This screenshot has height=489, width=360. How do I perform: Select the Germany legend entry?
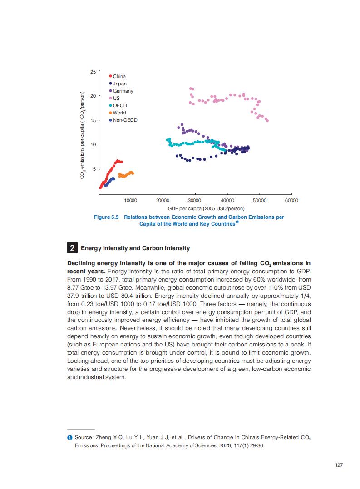click(x=123, y=91)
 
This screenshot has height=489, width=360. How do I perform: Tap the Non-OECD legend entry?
click(x=124, y=120)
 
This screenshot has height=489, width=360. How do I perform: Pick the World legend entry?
click(x=119, y=113)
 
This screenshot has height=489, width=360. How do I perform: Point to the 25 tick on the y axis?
click(x=93, y=72)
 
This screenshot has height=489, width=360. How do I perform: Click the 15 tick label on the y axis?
click(x=93, y=120)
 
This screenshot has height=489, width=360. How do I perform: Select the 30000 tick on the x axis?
click(x=195, y=200)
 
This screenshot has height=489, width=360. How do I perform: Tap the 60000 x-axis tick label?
click(x=291, y=200)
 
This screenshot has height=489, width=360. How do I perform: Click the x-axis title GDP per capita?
click(x=206, y=208)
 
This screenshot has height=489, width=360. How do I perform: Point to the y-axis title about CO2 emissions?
click(x=82, y=135)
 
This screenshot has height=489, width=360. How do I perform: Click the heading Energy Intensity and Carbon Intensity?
click(x=135, y=248)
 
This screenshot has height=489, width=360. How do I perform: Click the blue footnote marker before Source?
click(x=69, y=437)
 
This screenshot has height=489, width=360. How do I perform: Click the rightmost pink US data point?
click(x=267, y=121)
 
